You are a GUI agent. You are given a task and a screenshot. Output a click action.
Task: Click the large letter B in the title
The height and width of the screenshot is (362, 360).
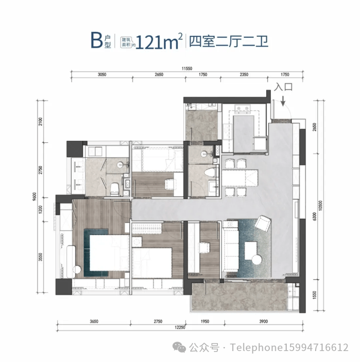tap(96, 40)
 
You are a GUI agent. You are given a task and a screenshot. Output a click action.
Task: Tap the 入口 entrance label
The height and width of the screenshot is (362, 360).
tap(283, 87)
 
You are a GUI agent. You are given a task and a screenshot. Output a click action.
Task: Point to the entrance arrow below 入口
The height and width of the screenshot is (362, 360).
tap(283, 101)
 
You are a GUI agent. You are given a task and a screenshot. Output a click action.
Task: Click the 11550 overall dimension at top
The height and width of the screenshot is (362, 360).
tap(187, 69)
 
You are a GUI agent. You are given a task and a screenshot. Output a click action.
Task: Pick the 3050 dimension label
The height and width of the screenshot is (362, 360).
tap(102, 75)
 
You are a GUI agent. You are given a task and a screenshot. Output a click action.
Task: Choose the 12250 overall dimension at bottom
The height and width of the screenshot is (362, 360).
tap(180, 327)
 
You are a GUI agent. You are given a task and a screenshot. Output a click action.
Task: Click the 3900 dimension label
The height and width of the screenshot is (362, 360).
tap(263, 321)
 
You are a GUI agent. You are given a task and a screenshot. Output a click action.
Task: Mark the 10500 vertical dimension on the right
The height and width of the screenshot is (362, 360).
tap(320, 205)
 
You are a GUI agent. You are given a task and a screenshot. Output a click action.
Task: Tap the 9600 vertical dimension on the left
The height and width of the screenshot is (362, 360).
tap(35, 197)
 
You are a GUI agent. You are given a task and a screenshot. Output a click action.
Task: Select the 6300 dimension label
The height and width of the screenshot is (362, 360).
tap(314, 217)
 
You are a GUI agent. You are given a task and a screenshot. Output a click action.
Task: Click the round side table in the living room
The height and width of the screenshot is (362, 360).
tap(257, 260)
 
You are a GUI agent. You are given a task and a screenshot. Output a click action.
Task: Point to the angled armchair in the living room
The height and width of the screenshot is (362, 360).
tap(263, 223)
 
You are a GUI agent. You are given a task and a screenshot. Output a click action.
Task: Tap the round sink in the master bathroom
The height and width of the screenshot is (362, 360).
tap(120, 165)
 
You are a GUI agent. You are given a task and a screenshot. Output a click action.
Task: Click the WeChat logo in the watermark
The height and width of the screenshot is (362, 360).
tap(180, 347)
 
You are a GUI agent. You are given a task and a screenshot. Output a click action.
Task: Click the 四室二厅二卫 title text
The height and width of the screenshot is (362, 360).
tap(229, 41)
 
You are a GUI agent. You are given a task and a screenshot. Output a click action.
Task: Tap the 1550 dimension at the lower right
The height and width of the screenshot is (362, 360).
tap(314, 295)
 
